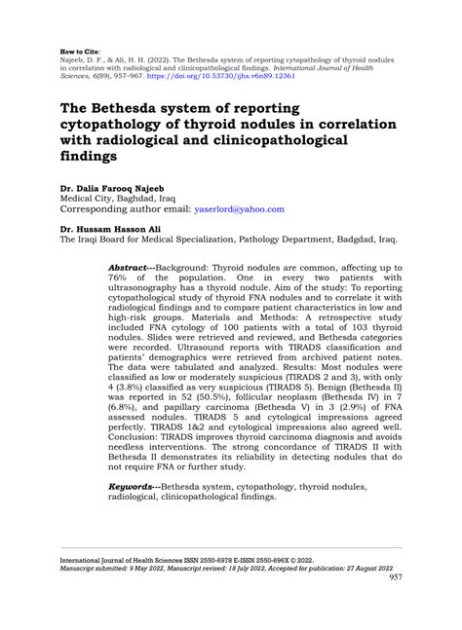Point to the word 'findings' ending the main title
93,163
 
